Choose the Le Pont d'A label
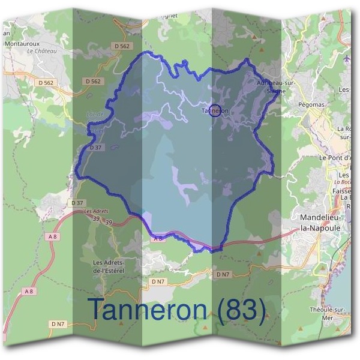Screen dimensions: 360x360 tap(339, 158)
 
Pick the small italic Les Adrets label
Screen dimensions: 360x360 tap(96, 211)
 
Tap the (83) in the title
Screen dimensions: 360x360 tap(241, 309)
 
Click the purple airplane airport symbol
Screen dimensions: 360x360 tap(347, 59)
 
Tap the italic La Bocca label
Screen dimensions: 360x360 tap(343, 182)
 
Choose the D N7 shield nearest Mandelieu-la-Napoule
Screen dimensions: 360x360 tap(223, 274)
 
